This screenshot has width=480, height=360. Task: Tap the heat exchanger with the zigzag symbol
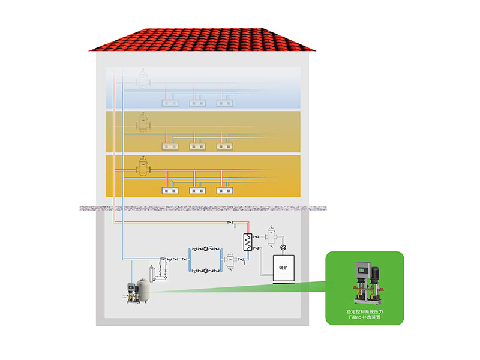click(x=245, y=241)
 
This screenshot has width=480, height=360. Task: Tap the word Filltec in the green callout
click(x=354, y=317)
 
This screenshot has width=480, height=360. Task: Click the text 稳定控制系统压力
click(x=364, y=311)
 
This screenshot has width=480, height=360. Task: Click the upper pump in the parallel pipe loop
click(x=207, y=247)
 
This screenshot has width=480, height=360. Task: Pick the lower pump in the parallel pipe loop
click(x=207, y=271)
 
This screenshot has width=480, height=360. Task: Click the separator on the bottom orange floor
click(x=143, y=169)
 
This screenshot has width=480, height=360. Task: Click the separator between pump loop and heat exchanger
click(x=229, y=260)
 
